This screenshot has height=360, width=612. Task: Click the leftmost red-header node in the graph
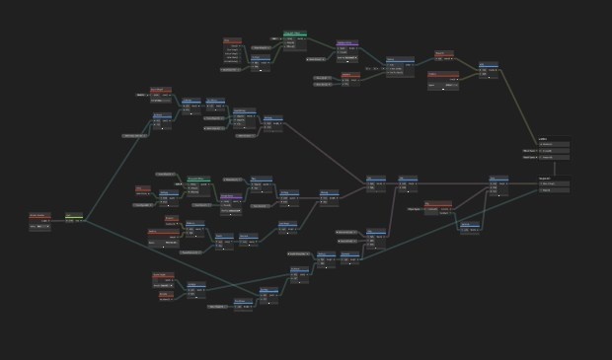coord(39,221)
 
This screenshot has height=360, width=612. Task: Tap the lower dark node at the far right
coord(554,184)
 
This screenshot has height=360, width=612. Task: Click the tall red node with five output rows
coord(232,51)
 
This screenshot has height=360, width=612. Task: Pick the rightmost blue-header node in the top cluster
coord(489,68)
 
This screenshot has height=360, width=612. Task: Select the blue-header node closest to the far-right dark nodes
coord(498,183)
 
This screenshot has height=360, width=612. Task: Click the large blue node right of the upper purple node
coord(398,66)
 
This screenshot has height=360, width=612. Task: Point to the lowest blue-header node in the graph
coord(244,304)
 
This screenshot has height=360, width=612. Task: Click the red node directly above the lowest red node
coord(163,277)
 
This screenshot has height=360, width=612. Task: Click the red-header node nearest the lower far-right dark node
coord(437,207)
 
